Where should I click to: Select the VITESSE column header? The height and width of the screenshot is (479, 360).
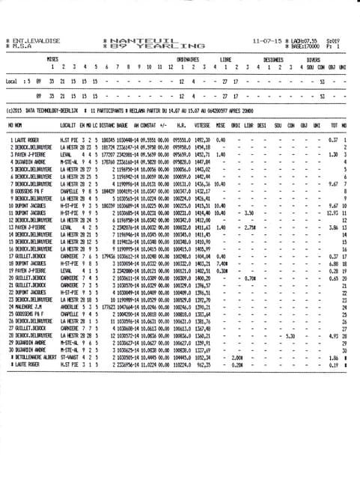pos(203,124)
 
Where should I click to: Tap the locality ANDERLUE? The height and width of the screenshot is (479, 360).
pos(70,306)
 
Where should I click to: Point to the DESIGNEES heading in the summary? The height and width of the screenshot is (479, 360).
pos(272,58)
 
